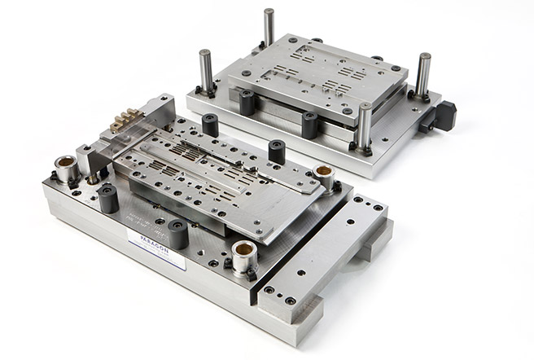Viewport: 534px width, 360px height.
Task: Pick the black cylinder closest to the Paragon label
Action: (x=178, y=235)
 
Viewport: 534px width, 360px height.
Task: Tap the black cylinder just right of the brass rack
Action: (x=210, y=125)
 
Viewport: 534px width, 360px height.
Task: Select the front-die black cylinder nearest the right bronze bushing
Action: (x=277, y=151)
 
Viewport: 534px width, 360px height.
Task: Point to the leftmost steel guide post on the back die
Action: (x=206, y=71)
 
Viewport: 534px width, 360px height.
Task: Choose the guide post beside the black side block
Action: (x=422, y=76)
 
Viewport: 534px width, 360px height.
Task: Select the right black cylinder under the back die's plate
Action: (x=309, y=125)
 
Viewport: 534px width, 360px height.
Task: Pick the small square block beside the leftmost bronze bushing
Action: (x=85, y=160)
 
